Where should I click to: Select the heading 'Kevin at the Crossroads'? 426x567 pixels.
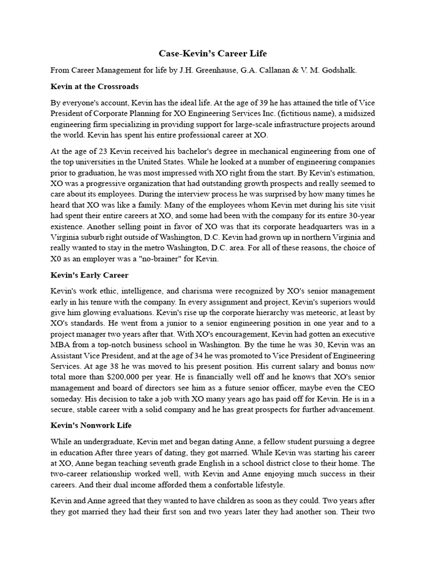tap(94, 87)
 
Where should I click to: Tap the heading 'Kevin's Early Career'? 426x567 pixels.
tap(89, 275)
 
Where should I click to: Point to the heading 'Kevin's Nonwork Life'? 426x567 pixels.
tap(91, 425)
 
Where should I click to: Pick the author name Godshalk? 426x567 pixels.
tap(338, 70)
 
